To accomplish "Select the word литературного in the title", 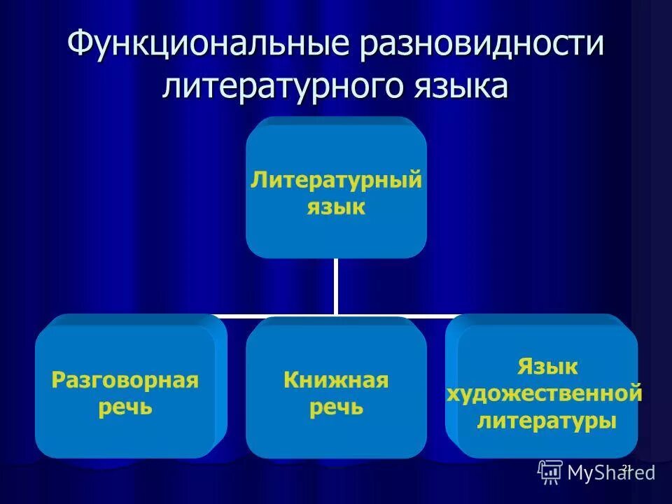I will tap(279, 89).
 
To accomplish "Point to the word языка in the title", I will tap(455, 89).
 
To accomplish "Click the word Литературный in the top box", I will tap(336, 180).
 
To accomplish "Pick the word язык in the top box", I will tap(336, 208).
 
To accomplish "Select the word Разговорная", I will tap(125, 381).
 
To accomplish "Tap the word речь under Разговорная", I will tap(125, 408).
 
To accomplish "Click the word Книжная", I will tap(336, 381).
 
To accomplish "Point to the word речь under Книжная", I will tap(336, 408).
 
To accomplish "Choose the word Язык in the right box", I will tap(548, 366).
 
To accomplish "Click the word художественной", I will tap(545, 393).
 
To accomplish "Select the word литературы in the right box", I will tap(547, 421).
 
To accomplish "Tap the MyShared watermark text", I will tap(611, 473).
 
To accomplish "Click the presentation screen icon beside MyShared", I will tap(550, 472).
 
